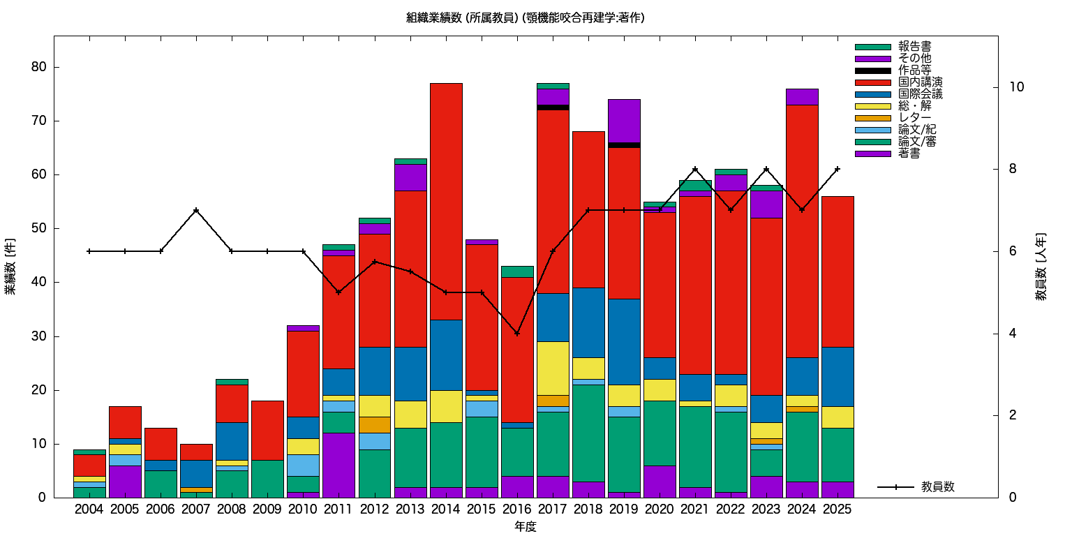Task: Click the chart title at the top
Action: pos(525,18)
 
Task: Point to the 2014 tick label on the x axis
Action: pos(445,509)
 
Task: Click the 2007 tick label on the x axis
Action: pos(196,509)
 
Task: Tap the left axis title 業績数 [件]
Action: pos(10,269)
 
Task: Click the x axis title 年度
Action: pos(525,527)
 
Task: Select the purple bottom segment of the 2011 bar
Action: pos(338,465)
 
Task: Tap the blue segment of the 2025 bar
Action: pos(837,376)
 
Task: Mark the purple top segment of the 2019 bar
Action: pos(623,121)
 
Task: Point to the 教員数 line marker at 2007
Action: pos(196,210)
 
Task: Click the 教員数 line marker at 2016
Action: pos(516,334)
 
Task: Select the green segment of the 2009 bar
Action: pos(267,479)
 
